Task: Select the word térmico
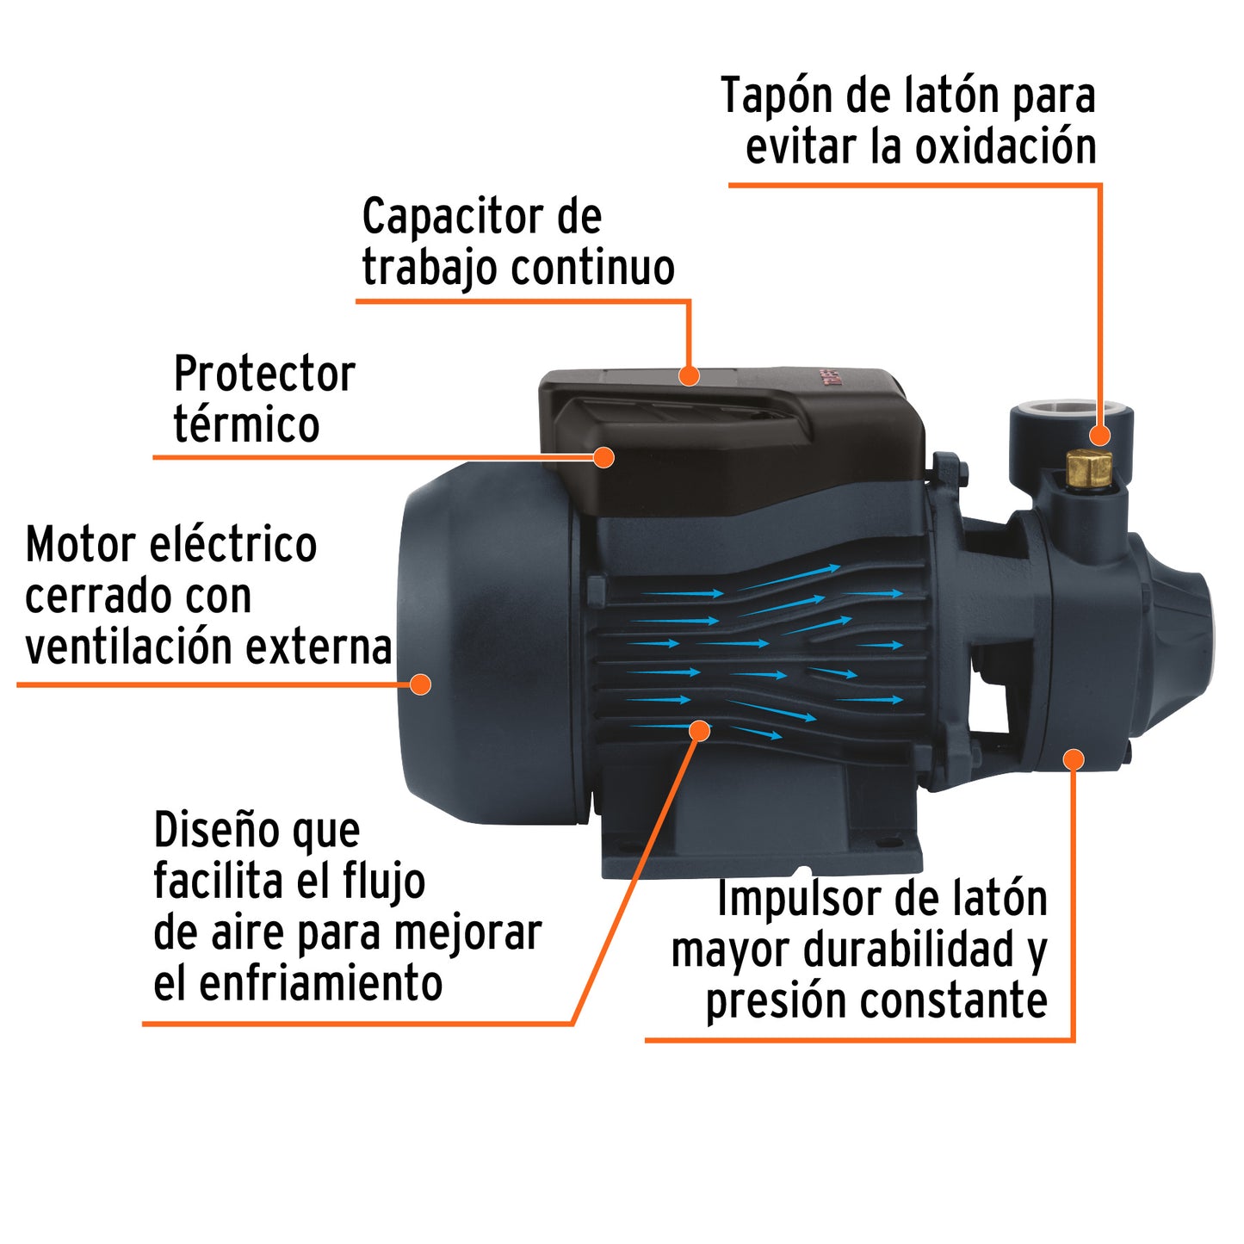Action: click(246, 424)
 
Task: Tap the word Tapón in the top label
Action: click(776, 96)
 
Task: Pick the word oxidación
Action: click(1005, 147)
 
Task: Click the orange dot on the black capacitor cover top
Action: click(689, 375)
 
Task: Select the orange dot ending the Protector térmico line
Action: click(604, 457)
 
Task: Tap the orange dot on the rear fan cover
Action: click(420, 684)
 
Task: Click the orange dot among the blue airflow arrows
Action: click(701, 731)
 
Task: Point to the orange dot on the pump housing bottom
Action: click(1073, 759)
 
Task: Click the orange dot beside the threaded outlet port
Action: click(1099, 435)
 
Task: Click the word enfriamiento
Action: click(320, 983)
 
